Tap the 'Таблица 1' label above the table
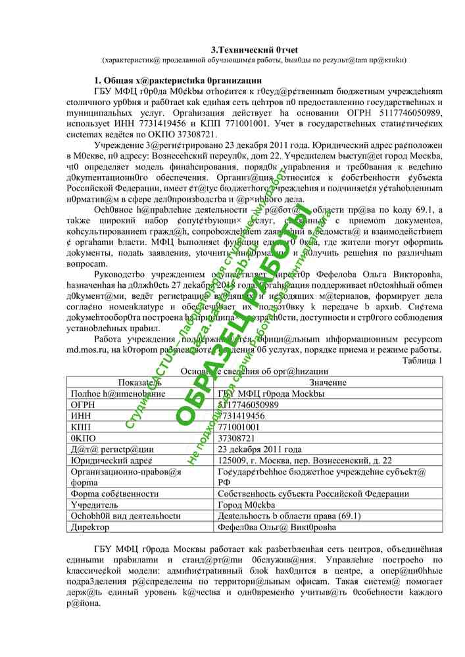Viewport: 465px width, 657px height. pos(422,360)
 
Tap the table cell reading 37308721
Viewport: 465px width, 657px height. pos(236,438)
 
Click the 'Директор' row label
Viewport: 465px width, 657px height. pos(90,527)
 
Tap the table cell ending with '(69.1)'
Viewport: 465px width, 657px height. pos(289,516)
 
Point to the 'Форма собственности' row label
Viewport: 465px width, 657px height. pos(114,494)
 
